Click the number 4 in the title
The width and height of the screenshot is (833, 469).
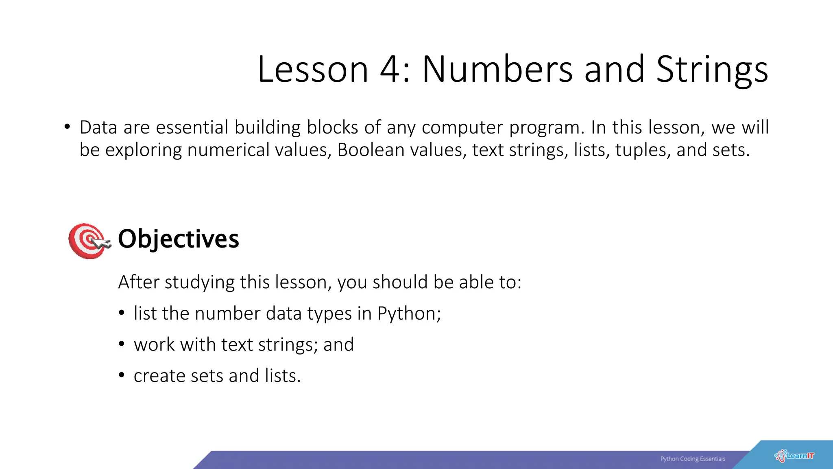pos(390,70)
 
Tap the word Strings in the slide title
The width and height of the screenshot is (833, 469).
pos(712,70)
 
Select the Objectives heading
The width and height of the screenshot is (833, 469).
pos(178,239)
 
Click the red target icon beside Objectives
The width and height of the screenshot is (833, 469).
pos(88,241)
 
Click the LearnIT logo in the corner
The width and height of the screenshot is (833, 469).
pos(794,456)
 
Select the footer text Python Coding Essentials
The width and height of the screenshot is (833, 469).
pos(693,459)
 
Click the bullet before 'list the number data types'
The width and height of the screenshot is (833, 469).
pos(122,313)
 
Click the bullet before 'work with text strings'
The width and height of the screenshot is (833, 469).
pos(122,344)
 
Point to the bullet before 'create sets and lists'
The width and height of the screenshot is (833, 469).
pos(122,375)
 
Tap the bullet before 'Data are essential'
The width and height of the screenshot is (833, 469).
pos(67,127)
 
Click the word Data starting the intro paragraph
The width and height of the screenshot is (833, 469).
pos(99,127)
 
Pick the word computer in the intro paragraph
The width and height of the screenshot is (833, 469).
pos(462,127)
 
